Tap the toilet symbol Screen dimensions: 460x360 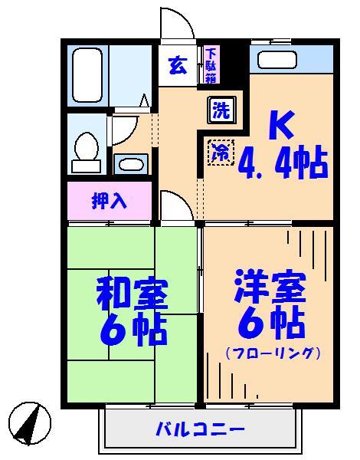(86, 150)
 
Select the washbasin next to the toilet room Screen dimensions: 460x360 (131, 164)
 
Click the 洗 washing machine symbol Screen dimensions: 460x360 (221, 110)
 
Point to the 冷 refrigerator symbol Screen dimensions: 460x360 (220, 151)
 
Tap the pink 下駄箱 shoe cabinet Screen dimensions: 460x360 (211, 65)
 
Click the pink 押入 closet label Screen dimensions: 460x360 (109, 201)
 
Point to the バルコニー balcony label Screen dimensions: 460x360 (200, 428)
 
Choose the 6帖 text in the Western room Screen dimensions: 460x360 (270, 324)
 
